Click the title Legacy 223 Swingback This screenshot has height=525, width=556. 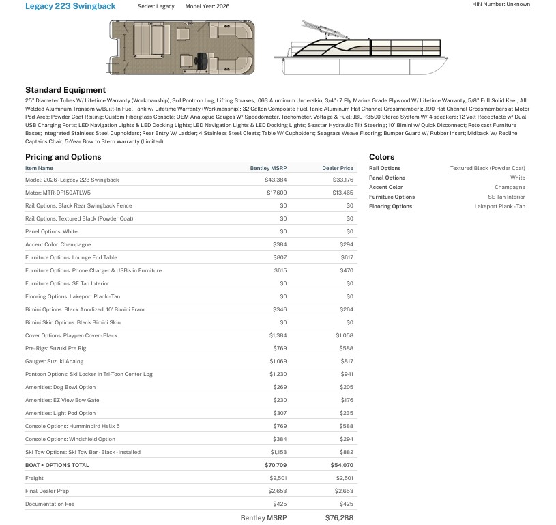pos(70,6)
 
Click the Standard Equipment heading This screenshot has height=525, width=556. pos(65,90)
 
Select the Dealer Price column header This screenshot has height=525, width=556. pos(338,168)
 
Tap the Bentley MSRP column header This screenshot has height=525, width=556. pos(268,168)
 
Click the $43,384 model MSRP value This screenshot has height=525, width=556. pos(276,180)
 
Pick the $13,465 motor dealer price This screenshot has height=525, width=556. pos(342,193)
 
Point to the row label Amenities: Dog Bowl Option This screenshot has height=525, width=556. pos(60,387)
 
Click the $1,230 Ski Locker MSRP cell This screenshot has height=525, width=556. pos(278,374)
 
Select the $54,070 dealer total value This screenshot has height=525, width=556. pos(342,465)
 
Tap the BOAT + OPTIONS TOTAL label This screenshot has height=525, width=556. pos(57,465)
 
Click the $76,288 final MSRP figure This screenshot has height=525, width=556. pos(339,518)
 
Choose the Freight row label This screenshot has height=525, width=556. pos(34,478)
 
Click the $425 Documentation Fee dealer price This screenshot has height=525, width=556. pos(346,504)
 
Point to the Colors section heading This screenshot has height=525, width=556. pos(381,157)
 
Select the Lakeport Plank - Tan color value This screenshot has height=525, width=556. pos(499,206)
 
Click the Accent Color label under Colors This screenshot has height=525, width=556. pos(385,187)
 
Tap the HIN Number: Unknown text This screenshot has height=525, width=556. pos(501,5)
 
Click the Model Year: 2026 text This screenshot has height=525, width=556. pos(207,6)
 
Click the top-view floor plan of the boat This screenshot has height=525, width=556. pos(181,47)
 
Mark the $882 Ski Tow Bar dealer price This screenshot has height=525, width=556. pos(347,452)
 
